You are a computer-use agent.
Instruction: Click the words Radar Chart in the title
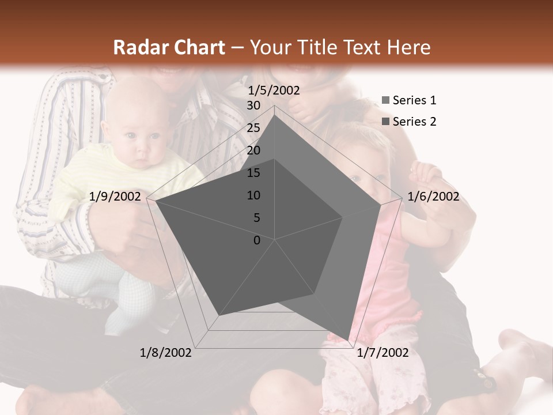coord(169,48)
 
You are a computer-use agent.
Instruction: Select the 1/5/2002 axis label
coord(274,90)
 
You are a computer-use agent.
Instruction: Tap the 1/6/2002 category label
coord(433,197)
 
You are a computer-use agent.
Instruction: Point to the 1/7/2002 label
coord(382,353)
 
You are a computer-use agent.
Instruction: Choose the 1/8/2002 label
coord(166,353)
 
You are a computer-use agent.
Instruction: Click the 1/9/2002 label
coord(115,197)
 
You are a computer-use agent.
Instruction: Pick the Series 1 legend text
coord(414,100)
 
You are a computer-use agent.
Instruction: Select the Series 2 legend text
coord(414,122)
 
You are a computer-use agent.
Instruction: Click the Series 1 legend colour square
coord(386,101)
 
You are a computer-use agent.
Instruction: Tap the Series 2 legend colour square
coord(386,122)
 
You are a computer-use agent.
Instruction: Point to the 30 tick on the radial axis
coord(253,105)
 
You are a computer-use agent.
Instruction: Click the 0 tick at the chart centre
coord(257,240)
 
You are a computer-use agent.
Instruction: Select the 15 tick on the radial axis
coord(253,173)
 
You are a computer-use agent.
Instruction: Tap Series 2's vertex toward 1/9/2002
coord(156,201)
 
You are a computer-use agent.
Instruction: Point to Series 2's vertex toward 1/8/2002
coord(218,316)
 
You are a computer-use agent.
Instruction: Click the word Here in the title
coord(409,48)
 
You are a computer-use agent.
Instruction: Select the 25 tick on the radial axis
coord(253,128)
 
